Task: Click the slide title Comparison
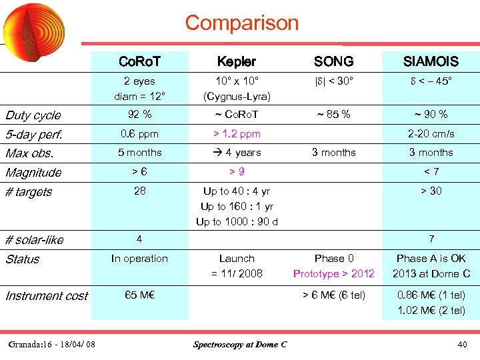tap(242, 23)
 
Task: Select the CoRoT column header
tap(139, 61)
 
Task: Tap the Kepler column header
tap(237, 61)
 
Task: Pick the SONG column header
tap(333, 61)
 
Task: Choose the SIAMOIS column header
tap(431, 61)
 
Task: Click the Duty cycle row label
tap(33, 115)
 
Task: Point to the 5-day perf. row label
tap(34, 134)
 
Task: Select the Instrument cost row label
tap(47, 295)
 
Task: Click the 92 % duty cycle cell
tap(139, 114)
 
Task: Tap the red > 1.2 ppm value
tap(237, 133)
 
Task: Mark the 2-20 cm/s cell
tap(431, 133)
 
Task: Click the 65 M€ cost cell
tap(139, 295)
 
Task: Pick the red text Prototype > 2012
tap(333, 273)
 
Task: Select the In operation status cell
tap(139, 258)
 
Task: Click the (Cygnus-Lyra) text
tap(237, 96)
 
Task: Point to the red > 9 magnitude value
tap(237, 171)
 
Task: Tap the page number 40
tap(462, 344)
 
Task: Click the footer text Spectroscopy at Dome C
tap(240, 344)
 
